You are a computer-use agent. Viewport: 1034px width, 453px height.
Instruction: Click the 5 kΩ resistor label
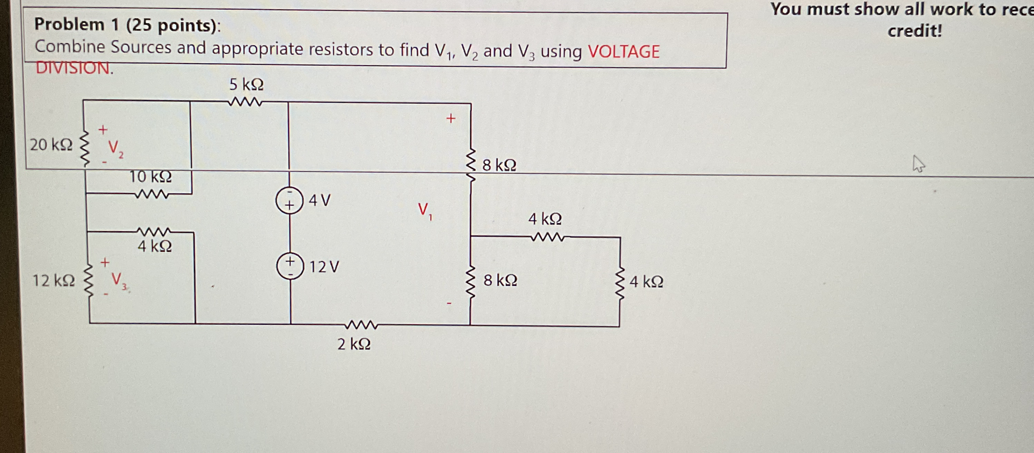(246, 85)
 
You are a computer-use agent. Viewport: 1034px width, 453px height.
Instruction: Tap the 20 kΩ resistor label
(51, 145)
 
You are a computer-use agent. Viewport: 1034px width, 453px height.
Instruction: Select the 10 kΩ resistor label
(150, 177)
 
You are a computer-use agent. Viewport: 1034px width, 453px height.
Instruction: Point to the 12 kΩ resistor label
(53, 281)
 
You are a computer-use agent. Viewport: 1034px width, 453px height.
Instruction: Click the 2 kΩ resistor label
(354, 344)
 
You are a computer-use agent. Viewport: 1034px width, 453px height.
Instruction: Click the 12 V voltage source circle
(290, 266)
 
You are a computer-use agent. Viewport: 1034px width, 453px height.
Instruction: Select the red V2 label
(116, 150)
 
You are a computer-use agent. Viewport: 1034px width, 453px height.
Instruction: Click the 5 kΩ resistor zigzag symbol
(245, 103)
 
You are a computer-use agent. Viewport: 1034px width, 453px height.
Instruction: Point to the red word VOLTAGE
(623, 51)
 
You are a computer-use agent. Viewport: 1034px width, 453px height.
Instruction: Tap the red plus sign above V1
(451, 119)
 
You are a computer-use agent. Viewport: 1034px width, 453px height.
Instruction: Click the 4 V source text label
(320, 200)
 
